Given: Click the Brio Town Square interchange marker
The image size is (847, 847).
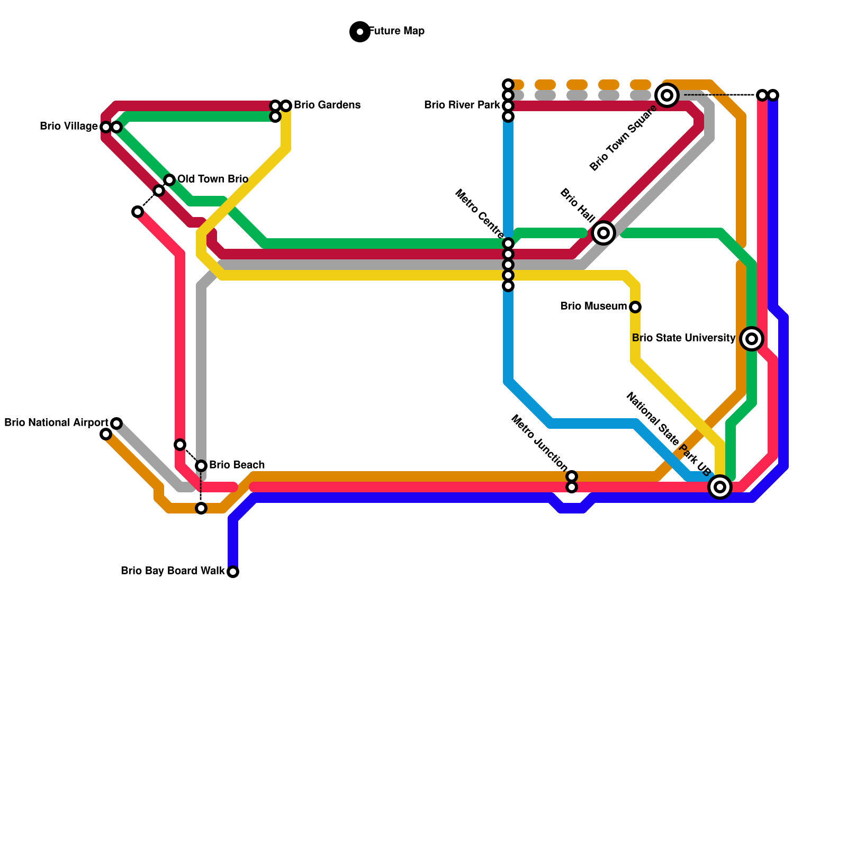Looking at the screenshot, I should coord(667,95).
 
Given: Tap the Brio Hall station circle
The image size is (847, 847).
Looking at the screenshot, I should coord(603,232).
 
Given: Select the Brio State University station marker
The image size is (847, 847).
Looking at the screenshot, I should coord(752,338).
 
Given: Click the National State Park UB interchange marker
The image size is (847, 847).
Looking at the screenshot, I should coord(720,487).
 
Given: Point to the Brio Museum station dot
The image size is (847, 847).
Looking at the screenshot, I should coord(635,307).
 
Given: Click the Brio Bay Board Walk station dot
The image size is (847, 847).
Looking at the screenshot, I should coord(233,572).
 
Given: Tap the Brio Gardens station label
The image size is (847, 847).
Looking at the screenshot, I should coord(327,105).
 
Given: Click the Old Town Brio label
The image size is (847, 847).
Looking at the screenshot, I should coord(213,179).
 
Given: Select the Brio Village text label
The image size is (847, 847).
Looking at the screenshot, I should coord(69,127).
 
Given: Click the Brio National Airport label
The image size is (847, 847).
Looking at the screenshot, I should coord(56,423).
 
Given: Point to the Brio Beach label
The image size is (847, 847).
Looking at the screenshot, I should coord(237,465).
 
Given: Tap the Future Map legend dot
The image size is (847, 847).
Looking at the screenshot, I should coord(360,32).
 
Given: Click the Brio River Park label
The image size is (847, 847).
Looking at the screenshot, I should coord(462,105).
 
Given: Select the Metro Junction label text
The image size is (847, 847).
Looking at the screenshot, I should coord(539,443).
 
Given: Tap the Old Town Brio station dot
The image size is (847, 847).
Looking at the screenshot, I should coord(169,180).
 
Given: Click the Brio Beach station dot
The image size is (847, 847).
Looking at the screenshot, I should coord(201,466).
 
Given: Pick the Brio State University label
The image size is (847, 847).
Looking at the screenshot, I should coord(683,338).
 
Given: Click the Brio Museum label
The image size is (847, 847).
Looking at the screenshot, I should coord(593,307).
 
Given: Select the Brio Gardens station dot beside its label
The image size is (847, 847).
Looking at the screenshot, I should coord(286,106).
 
